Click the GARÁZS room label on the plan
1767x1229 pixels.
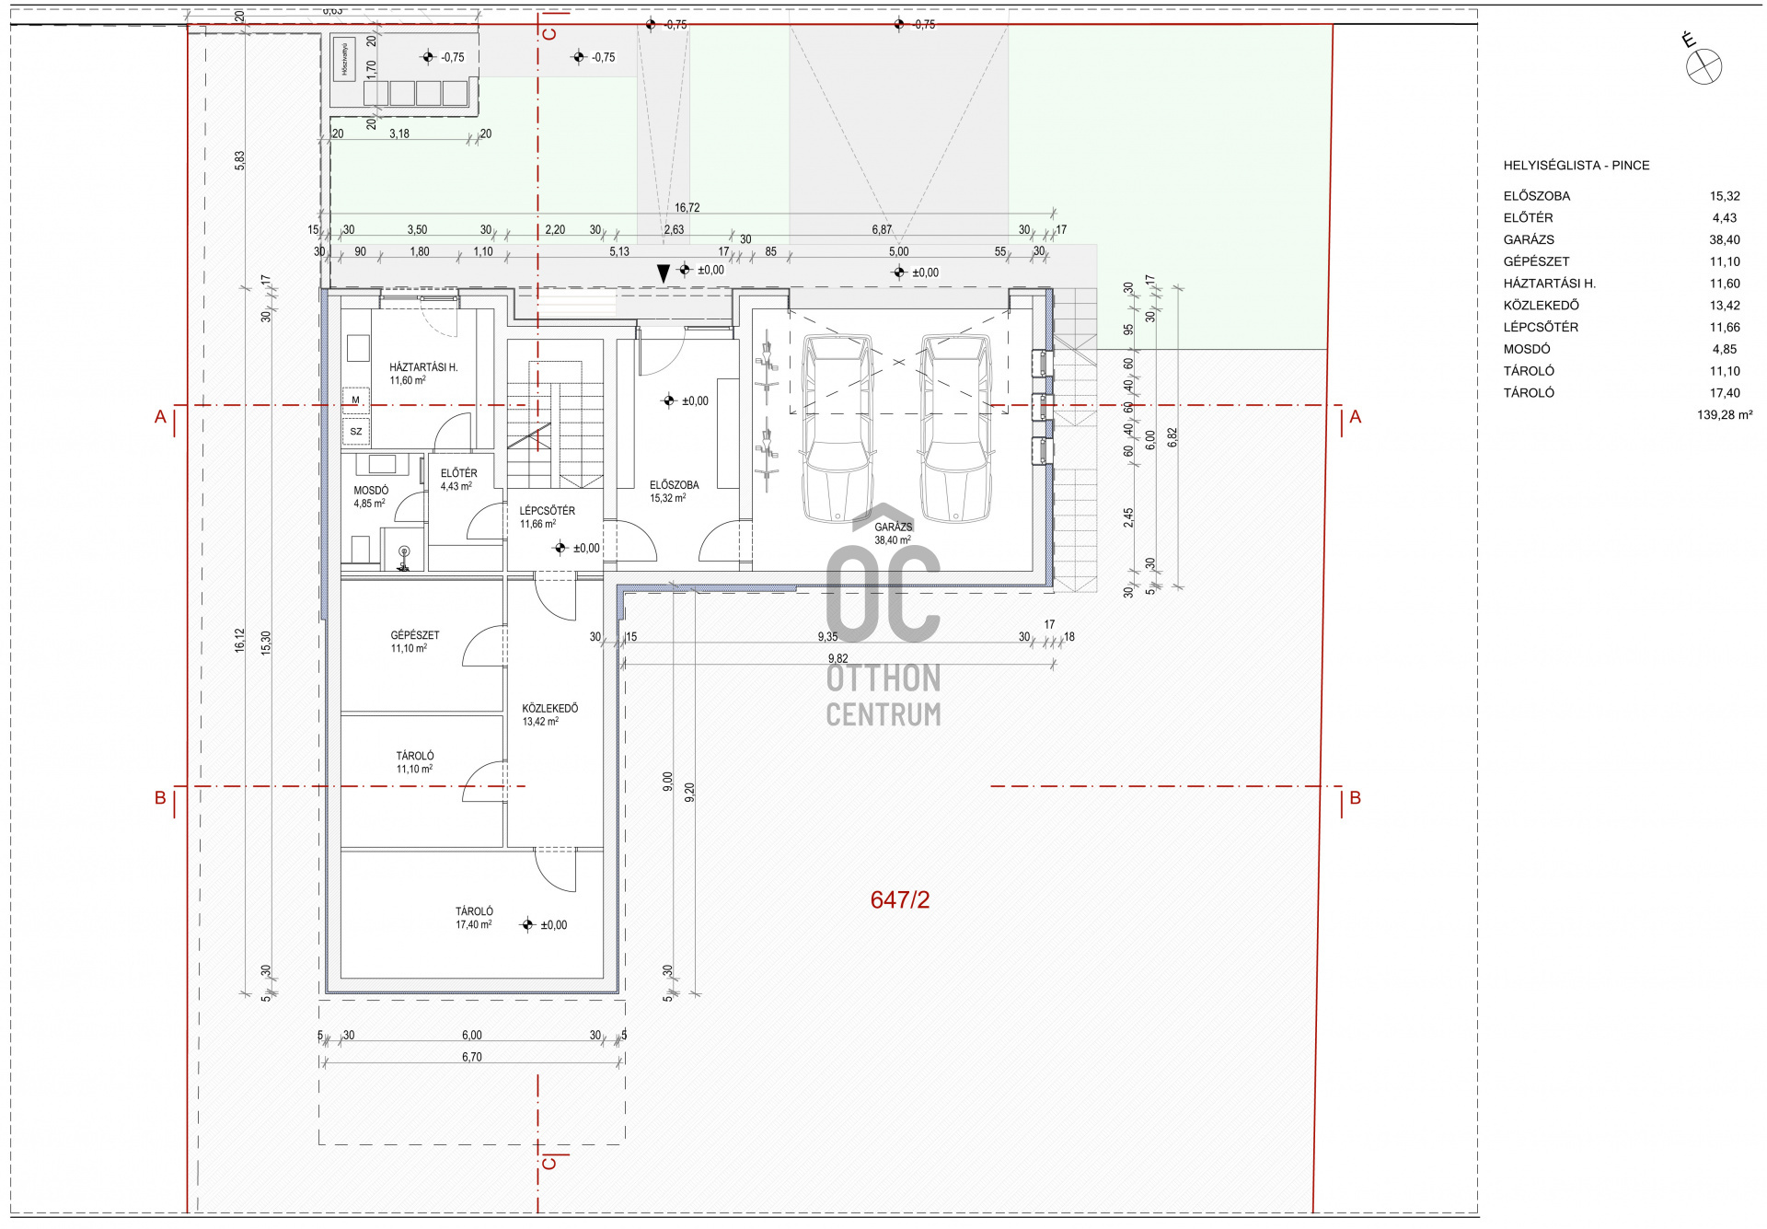coord(893,528)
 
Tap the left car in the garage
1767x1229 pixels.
coord(837,428)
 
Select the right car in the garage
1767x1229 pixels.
coord(955,428)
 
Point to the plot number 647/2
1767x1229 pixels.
coord(899,900)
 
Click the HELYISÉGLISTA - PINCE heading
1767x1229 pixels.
coord(1576,166)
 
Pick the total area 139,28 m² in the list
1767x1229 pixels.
coord(1724,415)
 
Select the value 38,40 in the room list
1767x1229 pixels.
coord(1724,239)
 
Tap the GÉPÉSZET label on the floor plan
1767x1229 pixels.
coord(415,635)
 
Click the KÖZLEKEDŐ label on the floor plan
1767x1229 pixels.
coord(550,708)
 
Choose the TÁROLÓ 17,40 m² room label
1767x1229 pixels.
coord(474,911)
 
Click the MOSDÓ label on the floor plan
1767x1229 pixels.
coord(371,491)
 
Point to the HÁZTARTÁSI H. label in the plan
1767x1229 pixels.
coord(423,367)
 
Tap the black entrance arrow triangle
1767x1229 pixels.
coord(663,273)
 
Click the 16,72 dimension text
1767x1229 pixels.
coord(687,208)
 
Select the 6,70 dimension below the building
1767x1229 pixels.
coord(471,1057)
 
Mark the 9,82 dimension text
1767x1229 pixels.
coord(837,658)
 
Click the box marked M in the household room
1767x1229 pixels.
coord(355,400)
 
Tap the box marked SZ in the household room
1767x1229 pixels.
coord(355,431)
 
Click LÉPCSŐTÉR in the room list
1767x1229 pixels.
coord(1540,327)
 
